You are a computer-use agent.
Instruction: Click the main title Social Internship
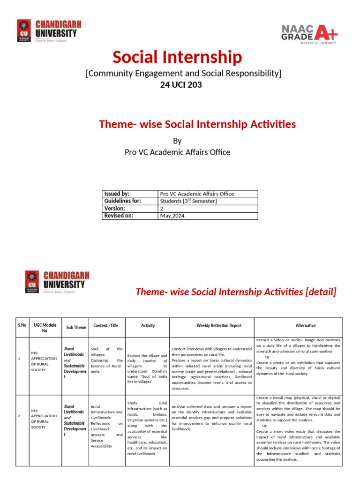177,57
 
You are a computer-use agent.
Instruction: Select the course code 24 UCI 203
177,85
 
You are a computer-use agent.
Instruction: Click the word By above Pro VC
177,141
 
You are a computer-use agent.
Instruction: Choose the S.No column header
22,325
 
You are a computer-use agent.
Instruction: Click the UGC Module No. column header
45,327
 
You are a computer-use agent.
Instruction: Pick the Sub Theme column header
76,327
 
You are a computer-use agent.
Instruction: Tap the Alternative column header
306,325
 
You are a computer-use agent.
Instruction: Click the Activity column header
148,325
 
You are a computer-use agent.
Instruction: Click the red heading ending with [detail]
236,292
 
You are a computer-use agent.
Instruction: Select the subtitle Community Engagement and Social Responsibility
183,73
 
